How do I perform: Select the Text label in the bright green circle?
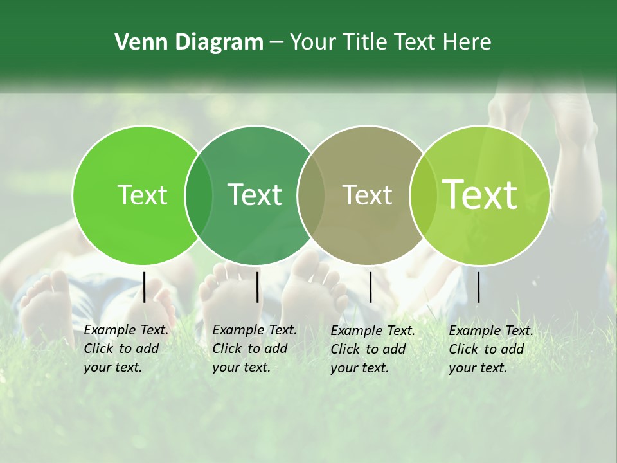click(142, 195)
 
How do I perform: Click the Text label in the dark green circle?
click(255, 195)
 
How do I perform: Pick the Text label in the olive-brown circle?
click(367, 195)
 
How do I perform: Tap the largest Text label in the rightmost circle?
click(479, 195)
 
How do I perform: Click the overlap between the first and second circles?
click(199, 195)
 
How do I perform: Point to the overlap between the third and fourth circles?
click(422, 195)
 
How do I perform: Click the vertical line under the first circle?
click(144, 287)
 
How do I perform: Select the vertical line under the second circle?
click(257, 287)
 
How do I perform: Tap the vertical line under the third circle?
click(370, 287)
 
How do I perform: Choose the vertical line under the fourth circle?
click(478, 287)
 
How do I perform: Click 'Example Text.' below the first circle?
click(126, 330)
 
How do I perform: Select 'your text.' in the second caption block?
click(241, 367)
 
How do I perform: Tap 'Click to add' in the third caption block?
click(368, 349)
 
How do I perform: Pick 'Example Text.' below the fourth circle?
click(491, 331)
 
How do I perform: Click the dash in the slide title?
click(276, 42)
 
